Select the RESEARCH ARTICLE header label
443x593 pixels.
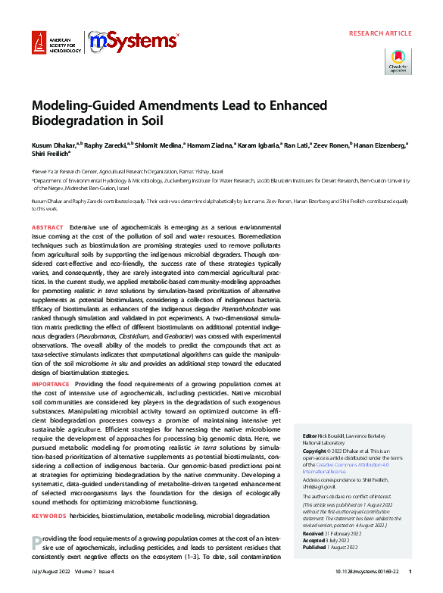380,34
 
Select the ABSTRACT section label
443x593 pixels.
47,227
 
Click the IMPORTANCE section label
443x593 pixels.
50,385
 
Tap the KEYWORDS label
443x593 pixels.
48,515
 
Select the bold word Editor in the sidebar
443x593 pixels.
310,437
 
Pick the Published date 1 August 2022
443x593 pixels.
338,546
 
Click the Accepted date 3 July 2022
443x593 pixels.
330,540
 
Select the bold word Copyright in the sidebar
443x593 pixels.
317,450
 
